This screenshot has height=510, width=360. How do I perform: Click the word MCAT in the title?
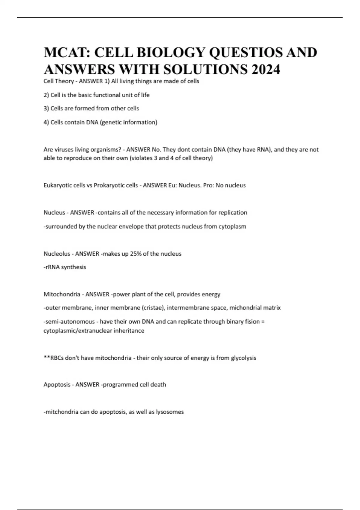click(66, 52)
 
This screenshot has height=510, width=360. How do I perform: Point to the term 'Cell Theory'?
click(58, 81)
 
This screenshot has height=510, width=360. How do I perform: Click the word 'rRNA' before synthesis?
click(52, 267)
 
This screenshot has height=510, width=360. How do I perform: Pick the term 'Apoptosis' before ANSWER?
click(57, 385)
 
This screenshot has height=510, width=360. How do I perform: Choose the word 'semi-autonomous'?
click(69, 322)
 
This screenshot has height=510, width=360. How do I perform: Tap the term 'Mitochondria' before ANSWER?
click(62, 294)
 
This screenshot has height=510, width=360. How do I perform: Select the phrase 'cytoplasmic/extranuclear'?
click(78, 331)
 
